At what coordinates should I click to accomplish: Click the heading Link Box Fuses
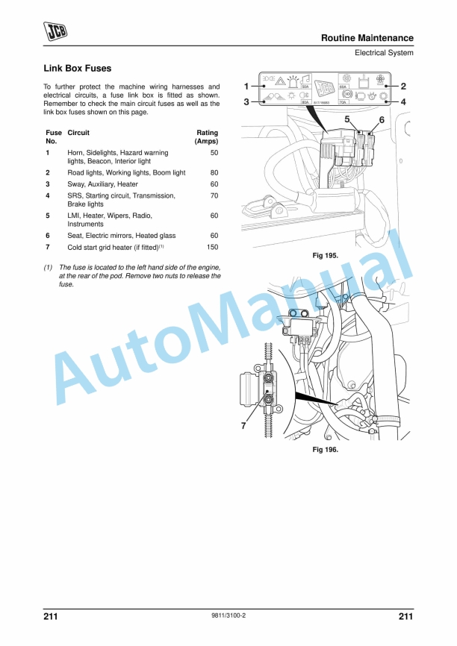(78, 69)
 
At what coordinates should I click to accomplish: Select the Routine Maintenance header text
(367, 38)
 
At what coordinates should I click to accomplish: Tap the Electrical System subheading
(384, 53)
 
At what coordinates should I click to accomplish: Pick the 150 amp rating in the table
(213, 247)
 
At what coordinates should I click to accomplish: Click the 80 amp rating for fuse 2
(214, 172)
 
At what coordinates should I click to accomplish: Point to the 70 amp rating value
(214, 195)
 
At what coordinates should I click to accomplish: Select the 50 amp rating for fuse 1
(214, 152)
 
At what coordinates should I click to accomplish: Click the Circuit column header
(78, 133)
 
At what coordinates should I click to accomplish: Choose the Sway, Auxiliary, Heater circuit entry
(102, 184)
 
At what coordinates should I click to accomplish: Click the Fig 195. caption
(325, 256)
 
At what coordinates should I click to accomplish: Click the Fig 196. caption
(325, 450)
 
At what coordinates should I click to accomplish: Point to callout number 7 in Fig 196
(243, 426)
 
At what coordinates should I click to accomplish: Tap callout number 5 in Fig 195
(347, 119)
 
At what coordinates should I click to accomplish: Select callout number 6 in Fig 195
(382, 119)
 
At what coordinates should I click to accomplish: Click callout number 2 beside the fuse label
(403, 86)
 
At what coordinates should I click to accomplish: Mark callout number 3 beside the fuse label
(246, 102)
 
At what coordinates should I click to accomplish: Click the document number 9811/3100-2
(228, 616)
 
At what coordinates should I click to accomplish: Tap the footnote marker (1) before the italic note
(49, 267)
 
